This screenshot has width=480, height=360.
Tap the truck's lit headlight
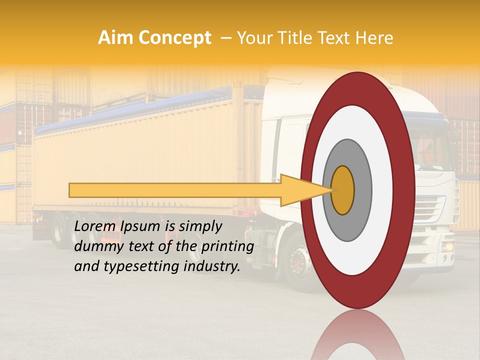click(x=446, y=246)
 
